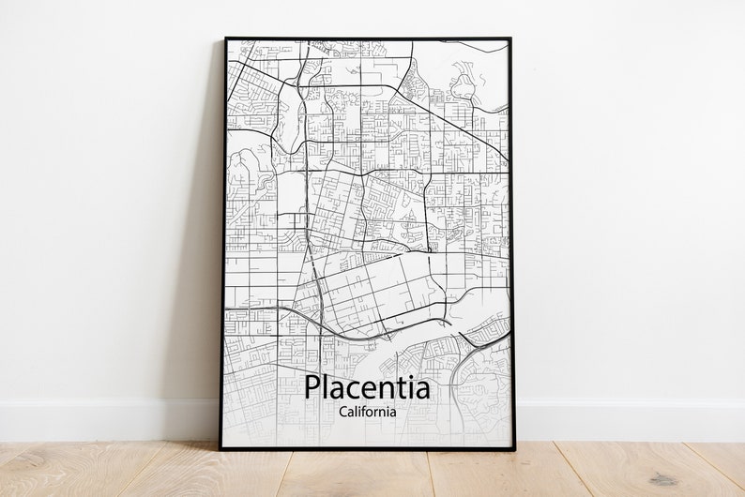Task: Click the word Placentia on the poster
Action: tap(367, 387)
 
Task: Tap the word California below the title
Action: tap(367, 411)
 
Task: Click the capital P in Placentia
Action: tap(312, 387)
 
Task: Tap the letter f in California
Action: tap(361, 410)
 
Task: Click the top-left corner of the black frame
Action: tap(225, 39)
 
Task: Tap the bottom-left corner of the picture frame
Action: tap(221, 449)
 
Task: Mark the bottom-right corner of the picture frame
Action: tap(514, 449)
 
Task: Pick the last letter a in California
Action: tap(392, 412)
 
